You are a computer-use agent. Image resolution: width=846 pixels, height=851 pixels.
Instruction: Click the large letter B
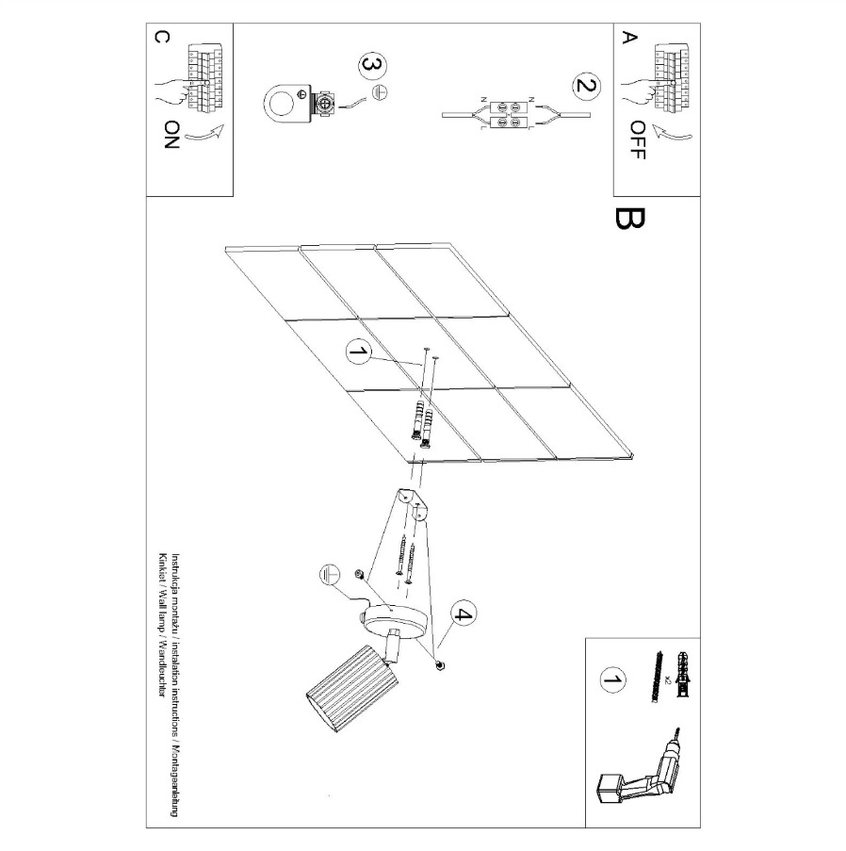pos(630,219)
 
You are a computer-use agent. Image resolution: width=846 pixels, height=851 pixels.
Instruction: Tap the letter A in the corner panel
pos(629,38)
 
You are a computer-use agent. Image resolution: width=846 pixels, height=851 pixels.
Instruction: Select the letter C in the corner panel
pos(162,37)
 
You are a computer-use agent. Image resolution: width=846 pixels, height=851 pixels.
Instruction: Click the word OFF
pos(638,140)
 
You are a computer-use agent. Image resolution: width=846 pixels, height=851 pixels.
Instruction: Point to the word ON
pos(171,135)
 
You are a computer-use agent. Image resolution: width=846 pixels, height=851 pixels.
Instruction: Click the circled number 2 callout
pos(586,86)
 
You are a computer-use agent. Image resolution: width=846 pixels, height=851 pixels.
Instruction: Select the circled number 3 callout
pos(373,65)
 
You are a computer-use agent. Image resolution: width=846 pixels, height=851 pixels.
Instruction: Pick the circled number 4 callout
pos(462,614)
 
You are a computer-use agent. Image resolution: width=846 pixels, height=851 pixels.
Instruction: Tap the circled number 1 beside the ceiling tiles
pos(359,352)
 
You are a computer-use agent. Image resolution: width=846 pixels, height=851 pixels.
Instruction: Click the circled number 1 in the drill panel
pos(612,680)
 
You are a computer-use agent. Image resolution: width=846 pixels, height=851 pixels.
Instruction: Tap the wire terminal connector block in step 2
pos(509,115)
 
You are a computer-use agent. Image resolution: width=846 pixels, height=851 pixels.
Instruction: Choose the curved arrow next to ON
pos(204,132)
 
